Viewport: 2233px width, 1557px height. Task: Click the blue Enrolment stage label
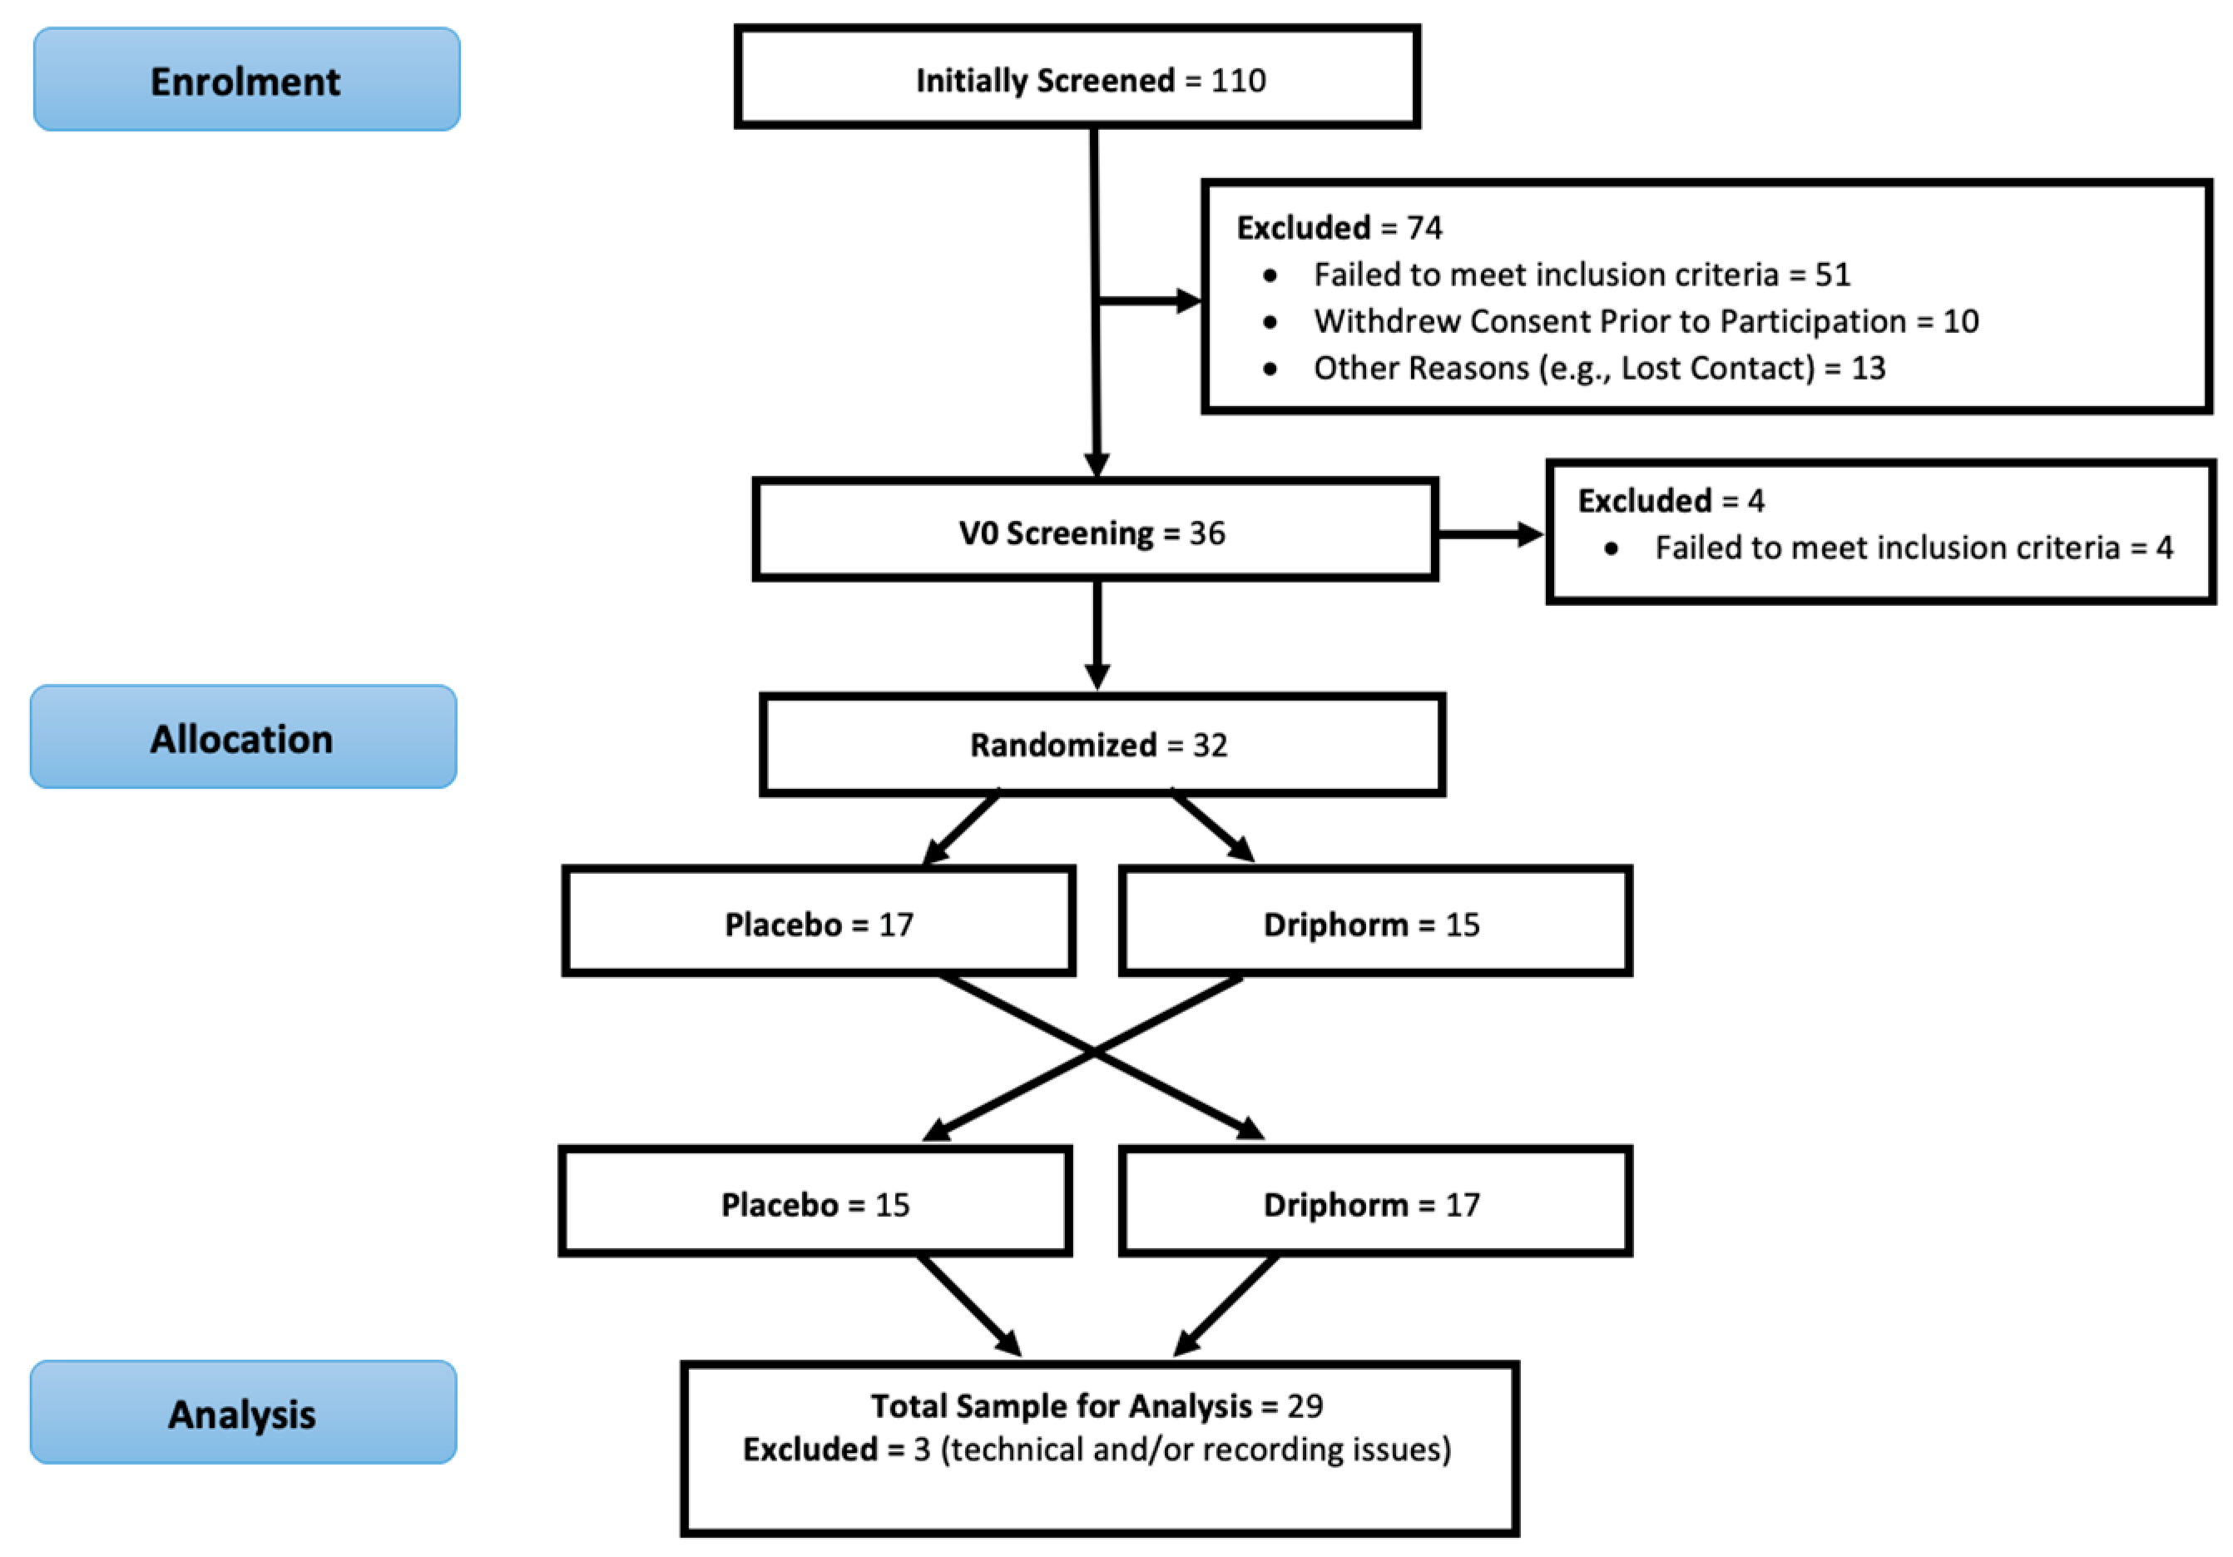pos(246,80)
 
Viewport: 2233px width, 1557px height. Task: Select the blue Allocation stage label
pos(242,737)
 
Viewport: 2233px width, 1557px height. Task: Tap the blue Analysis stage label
pos(242,1413)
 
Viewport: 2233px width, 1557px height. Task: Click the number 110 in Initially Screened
pos(1238,80)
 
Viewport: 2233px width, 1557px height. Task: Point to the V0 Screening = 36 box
pos(1094,531)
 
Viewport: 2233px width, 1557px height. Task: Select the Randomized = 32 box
pos(1101,745)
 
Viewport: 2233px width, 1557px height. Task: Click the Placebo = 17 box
pos(818,923)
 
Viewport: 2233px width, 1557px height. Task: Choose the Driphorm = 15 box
pos(1374,923)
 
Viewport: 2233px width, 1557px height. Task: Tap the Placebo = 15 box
pos(815,1203)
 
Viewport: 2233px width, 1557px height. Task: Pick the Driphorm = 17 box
pos(1374,1203)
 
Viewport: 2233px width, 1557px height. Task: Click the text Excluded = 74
pos(1339,227)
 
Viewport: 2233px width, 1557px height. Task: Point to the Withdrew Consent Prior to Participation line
pos(1645,321)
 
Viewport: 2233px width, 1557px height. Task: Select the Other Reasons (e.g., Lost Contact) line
pos(1598,368)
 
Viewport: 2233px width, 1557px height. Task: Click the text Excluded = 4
pos(1670,501)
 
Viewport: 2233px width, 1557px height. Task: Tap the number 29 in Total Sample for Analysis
pos(1305,1406)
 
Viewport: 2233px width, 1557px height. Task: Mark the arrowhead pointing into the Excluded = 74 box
pos(1189,300)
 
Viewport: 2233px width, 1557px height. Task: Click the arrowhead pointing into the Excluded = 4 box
pos(1530,534)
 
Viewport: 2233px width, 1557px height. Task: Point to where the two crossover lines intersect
pos(1094,1051)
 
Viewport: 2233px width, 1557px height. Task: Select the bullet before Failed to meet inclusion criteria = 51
pos(1270,275)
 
